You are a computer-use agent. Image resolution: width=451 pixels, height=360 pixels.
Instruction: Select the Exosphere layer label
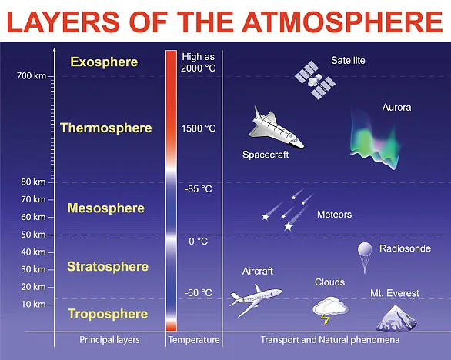coord(104,62)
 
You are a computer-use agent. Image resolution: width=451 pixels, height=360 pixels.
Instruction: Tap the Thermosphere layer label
coord(105,128)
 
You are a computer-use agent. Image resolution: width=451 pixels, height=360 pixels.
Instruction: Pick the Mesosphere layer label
coord(105,208)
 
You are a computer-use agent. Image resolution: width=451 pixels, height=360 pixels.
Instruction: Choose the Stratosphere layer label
coord(107,267)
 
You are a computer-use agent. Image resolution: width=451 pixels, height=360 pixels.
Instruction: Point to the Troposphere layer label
coord(107,314)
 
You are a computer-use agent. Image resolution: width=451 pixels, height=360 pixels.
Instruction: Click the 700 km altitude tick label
coord(31,75)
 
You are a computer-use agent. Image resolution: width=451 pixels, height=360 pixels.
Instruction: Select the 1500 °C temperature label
coord(199,128)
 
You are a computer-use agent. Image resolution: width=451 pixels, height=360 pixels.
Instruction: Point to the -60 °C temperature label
coord(198,292)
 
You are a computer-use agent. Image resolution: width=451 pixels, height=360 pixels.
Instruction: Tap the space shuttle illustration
coord(276,127)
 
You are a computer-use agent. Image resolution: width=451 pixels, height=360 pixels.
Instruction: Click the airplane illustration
coord(256,295)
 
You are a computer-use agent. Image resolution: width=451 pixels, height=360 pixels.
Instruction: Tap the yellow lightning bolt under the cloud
coord(327,315)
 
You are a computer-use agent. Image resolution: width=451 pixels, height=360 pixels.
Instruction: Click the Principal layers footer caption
coord(107,339)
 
